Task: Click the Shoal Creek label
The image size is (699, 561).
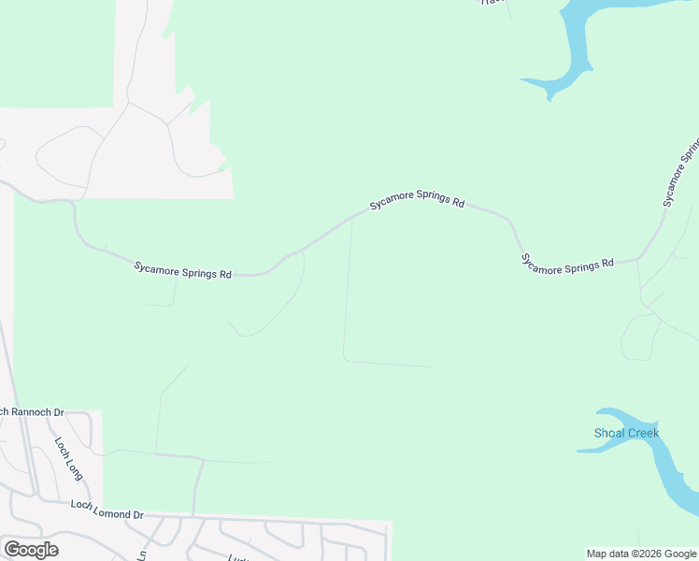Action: click(626, 433)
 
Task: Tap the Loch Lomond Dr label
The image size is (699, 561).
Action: click(107, 510)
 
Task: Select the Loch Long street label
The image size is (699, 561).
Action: click(68, 458)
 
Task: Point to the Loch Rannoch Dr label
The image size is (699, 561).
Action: click(31, 411)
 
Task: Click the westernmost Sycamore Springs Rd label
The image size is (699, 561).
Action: click(182, 270)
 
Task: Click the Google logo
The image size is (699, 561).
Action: click(31, 550)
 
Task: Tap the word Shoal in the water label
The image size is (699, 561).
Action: click(609, 433)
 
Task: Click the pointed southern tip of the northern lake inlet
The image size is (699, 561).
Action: click(549, 97)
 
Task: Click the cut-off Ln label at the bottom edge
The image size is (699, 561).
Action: click(143, 554)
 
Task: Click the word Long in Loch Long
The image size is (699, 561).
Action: click(74, 467)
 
